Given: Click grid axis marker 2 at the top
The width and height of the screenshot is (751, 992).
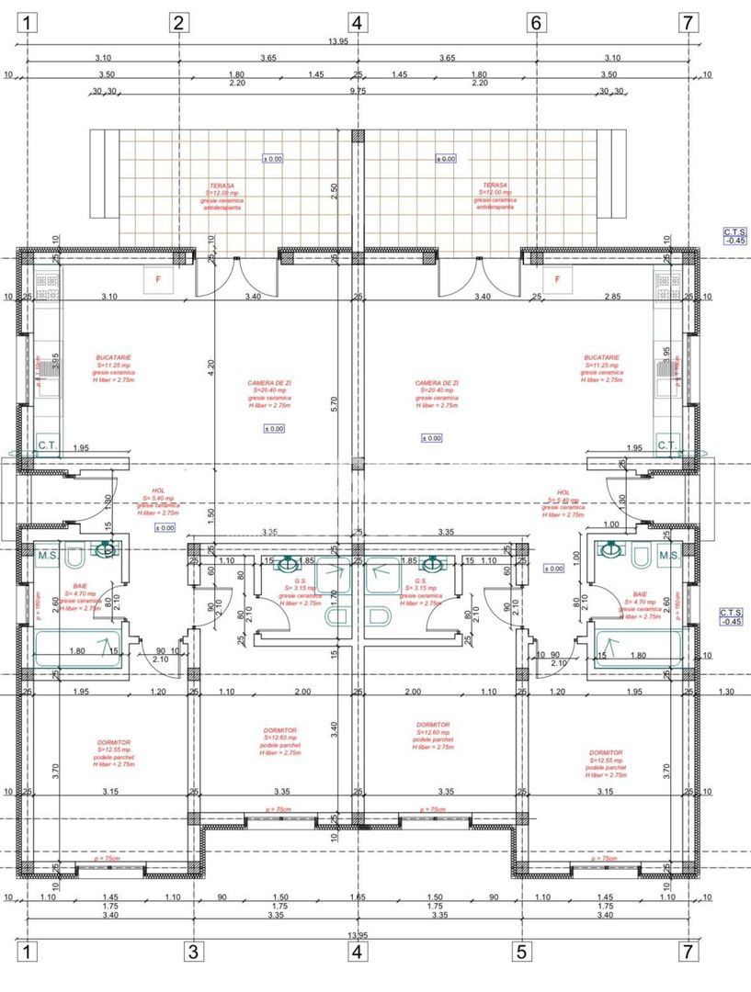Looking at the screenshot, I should tap(179, 23).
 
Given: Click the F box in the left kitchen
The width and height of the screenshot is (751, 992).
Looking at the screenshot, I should tap(158, 279).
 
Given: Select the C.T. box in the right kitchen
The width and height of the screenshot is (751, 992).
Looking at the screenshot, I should tap(667, 445).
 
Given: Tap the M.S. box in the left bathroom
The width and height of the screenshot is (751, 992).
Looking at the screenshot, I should tap(49, 555).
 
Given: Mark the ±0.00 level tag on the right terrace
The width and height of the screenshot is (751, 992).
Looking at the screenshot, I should tap(445, 159).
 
